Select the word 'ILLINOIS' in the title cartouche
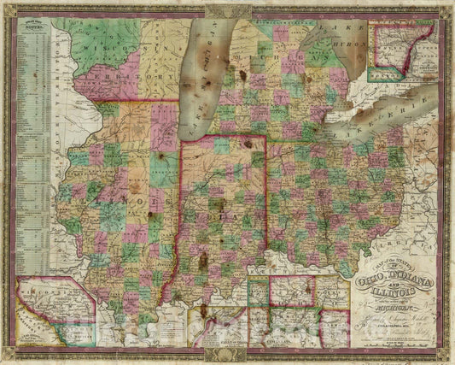(x=398, y=295)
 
